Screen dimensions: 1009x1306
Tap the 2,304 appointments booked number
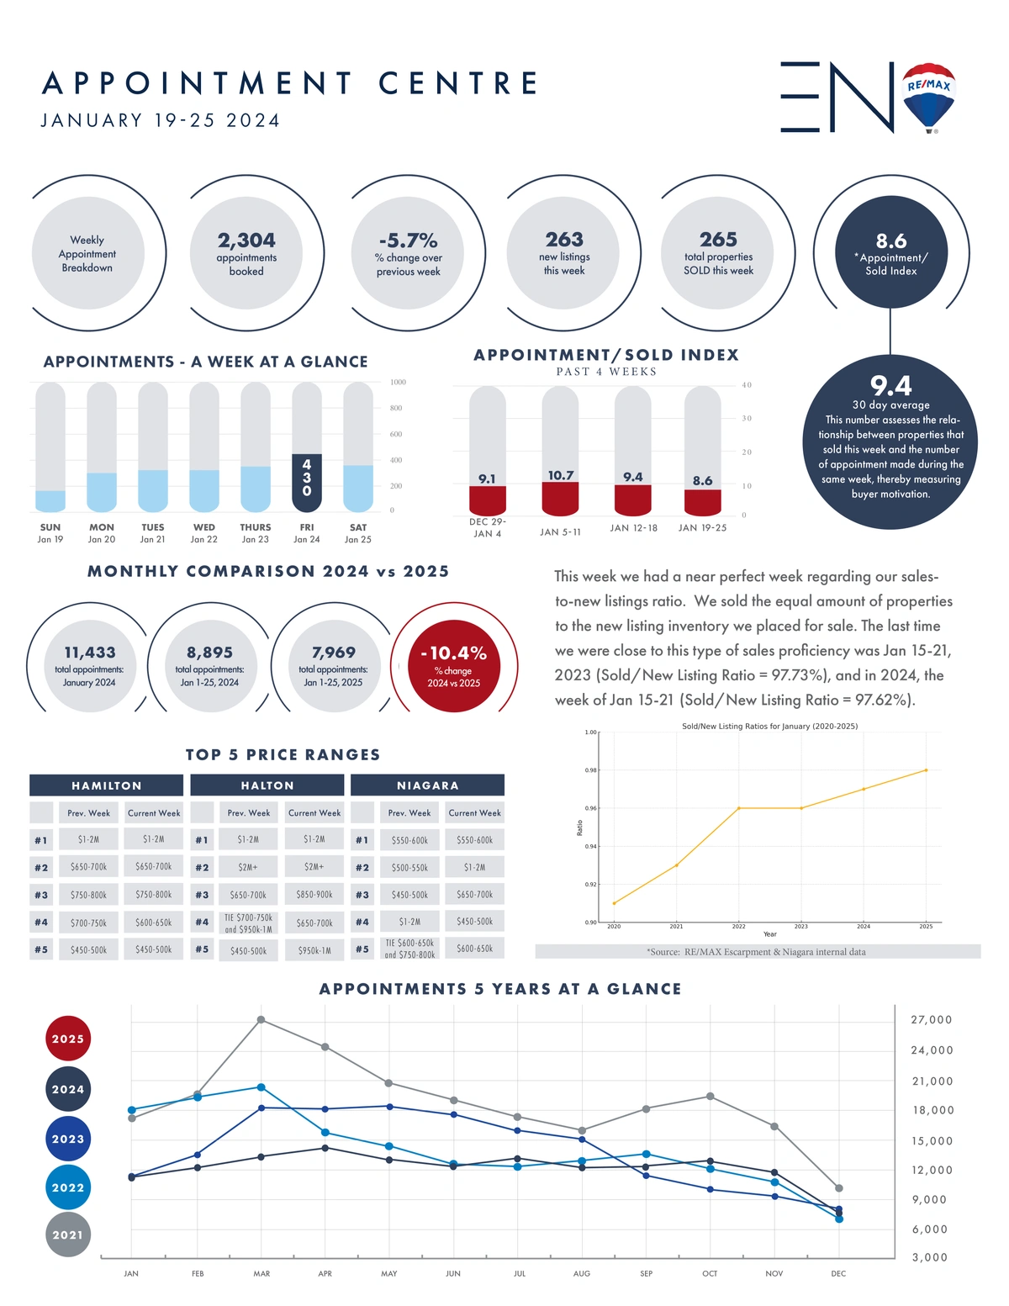click(246, 241)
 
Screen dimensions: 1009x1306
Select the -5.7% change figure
click(408, 241)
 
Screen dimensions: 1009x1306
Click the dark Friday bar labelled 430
click(307, 483)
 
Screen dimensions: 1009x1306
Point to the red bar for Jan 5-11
click(560, 499)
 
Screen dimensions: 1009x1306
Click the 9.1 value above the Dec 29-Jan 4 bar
click(487, 479)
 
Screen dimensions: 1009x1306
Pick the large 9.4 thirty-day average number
click(890, 385)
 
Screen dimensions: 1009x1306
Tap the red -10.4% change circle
click(454, 666)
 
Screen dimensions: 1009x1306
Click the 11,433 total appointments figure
click(89, 652)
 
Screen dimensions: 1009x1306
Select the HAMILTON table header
click(107, 785)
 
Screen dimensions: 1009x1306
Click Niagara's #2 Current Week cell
click(474, 867)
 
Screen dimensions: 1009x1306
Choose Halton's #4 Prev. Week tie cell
click(248, 923)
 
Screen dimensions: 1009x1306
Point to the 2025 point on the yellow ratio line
click(926, 770)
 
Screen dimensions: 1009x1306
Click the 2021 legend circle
click(68, 1235)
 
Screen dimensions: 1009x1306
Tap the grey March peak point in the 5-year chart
click(261, 1020)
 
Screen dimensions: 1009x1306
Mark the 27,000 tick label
click(931, 1020)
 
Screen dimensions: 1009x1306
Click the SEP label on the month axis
click(646, 1273)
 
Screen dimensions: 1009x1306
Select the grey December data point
click(839, 1188)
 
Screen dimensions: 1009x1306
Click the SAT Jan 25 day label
click(357, 533)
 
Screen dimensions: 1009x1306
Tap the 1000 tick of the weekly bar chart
click(398, 383)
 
